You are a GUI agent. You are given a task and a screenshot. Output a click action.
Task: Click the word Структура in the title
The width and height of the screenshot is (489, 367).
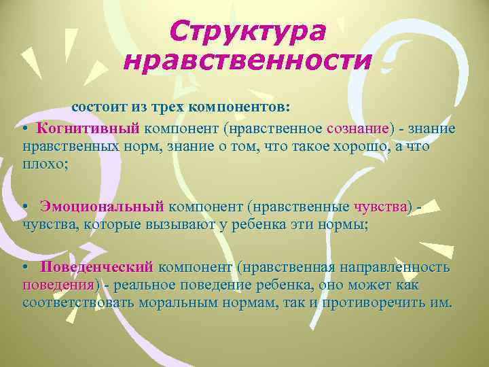(x=247, y=31)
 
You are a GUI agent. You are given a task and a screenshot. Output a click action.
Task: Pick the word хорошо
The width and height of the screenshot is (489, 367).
(x=356, y=146)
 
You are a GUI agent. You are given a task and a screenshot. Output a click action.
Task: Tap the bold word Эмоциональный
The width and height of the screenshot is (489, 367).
(x=102, y=205)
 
